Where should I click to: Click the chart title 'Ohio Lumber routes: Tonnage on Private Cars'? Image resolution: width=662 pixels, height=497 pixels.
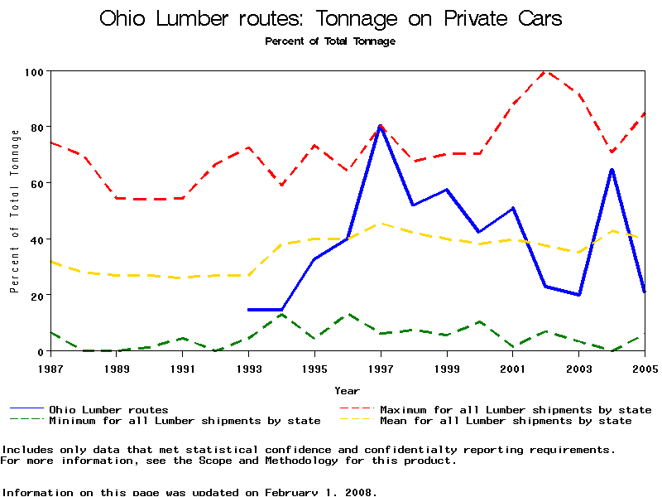click(x=330, y=18)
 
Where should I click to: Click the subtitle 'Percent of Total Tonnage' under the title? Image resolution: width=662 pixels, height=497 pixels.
click(x=330, y=41)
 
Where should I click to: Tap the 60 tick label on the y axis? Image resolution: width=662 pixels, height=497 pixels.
click(x=35, y=183)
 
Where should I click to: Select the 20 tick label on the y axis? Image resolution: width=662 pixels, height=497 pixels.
click(x=35, y=295)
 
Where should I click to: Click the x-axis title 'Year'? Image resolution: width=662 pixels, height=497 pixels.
click(x=347, y=390)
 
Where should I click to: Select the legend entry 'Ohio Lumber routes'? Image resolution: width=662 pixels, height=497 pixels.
click(x=108, y=409)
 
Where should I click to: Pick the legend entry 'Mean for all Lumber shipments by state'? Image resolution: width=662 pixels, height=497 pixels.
click(x=506, y=421)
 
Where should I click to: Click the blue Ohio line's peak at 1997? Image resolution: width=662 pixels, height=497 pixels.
click(x=381, y=126)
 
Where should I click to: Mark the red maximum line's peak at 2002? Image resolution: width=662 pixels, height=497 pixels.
click(x=546, y=71)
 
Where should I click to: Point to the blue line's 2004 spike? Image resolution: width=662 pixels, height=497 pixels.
click(x=612, y=170)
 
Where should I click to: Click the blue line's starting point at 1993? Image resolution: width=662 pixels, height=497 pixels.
click(x=249, y=310)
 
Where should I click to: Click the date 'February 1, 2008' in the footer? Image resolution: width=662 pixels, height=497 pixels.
click(x=319, y=492)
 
